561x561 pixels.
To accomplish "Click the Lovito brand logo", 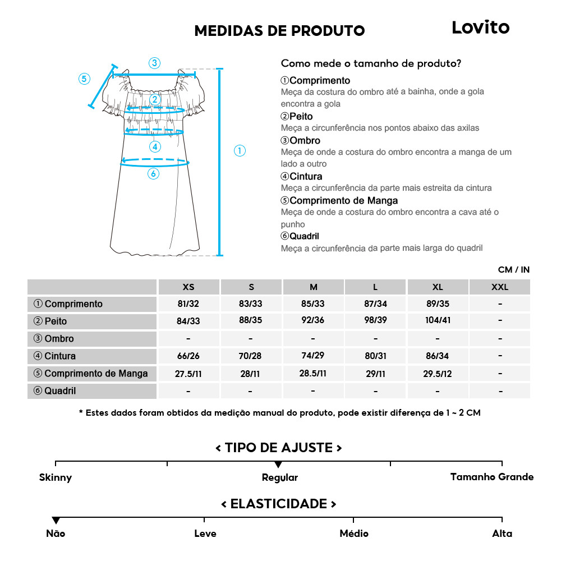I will [x=480, y=27].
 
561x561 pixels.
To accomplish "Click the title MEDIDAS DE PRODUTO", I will [x=279, y=30].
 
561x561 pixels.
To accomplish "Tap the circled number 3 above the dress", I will [x=155, y=63].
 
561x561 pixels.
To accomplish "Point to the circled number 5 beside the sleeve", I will [x=84, y=79].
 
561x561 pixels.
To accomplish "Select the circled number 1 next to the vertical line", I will [x=240, y=150].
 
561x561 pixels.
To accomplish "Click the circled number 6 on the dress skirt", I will [x=153, y=174].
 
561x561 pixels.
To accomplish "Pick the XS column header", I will [x=188, y=287].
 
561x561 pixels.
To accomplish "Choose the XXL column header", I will [x=499, y=287].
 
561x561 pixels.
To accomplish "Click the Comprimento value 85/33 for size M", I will [x=313, y=304].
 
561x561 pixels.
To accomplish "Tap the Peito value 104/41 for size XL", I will [x=438, y=321].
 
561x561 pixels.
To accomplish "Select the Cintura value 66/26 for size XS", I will [x=188, y=356].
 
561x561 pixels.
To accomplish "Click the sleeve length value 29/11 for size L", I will [x=375, y=373].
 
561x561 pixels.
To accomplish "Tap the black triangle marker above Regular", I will [x=278, y=465].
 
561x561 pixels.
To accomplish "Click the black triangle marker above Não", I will [x=56, y=521].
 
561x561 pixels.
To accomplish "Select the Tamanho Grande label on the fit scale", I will [x=491, y=477].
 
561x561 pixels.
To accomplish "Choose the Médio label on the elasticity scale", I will [x=353, y=534].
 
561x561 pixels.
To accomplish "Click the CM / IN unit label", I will [x=513, y=270].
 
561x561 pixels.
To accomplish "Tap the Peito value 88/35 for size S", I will [x=251, y=321].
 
